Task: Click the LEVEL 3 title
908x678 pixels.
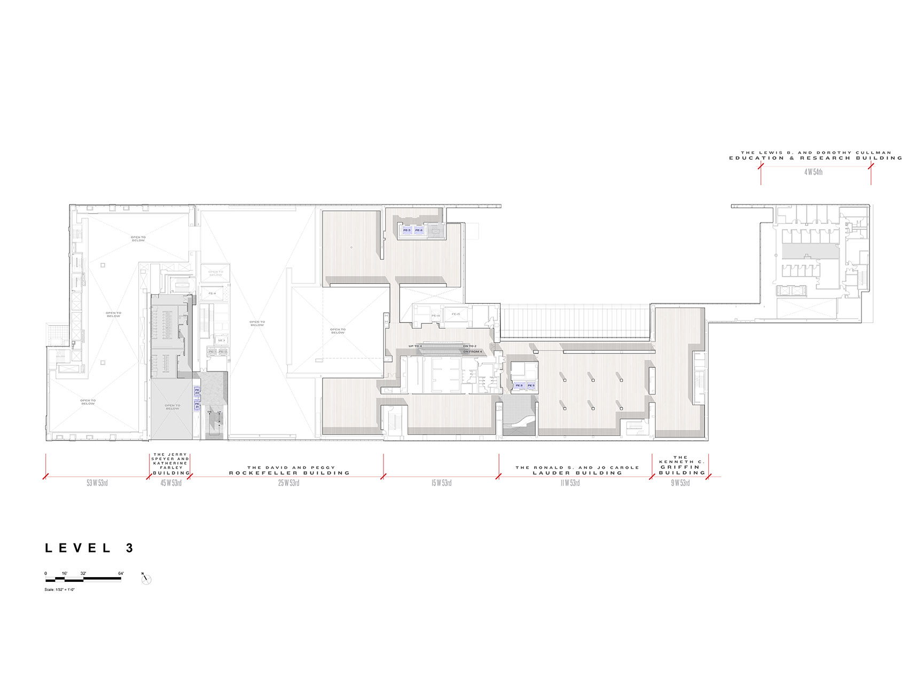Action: point(89,548)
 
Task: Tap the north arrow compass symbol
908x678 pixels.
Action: point(146,579)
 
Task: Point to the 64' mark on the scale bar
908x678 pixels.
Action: point(121,574)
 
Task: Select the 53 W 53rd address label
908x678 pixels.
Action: point(97,483)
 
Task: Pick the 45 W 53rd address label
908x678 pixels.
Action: point(171,483)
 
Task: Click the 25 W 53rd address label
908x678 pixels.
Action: point(288,483)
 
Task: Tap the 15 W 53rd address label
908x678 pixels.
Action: point(442,483)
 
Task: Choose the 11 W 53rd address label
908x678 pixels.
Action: point(570,483)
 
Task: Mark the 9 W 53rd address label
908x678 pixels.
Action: point(680,483)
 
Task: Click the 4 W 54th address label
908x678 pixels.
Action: point(813,172)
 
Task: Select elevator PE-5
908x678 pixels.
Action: point(407,230)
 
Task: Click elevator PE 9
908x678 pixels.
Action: point(530,385)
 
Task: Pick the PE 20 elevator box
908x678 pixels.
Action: point(197,391)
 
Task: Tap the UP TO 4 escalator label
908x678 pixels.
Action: point(415,346)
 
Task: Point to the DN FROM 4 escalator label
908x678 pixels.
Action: point(472,352)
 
